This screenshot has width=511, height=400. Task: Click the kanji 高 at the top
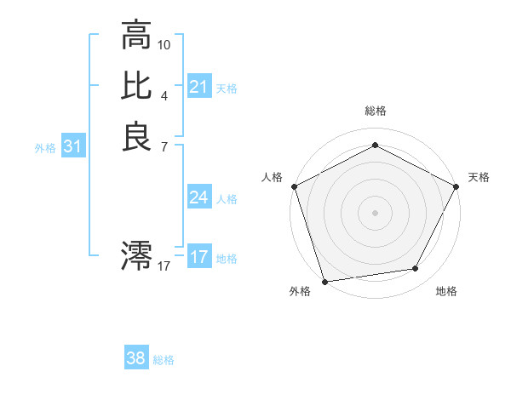click(x=137, y=37)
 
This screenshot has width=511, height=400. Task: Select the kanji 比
click(x=137, y=86)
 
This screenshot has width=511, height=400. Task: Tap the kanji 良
click(x=137, y=136)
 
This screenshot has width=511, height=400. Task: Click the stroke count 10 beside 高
click(x=164, y=44)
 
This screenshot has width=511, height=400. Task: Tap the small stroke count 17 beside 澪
click(x=164, y=266)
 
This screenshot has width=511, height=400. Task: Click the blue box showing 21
click(x=198, y=87)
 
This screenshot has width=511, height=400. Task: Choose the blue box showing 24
click(x=198, y=197)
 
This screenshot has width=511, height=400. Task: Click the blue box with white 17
click(x=198, y=257)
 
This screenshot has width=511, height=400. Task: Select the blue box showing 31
click(x=73, y=147)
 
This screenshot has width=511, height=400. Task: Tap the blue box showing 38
click(x=135, y=358)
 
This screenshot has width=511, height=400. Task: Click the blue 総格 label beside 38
click(x=164, y=360)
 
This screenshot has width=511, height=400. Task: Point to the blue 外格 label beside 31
click(x=45, y=148)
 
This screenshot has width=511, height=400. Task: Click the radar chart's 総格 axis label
click(x=375, y=111)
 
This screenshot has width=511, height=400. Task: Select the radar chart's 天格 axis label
click(x=479, y=177)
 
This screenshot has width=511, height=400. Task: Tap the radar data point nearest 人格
click(x=295, y=186)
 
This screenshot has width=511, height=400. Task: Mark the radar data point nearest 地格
click(x=416, y=269)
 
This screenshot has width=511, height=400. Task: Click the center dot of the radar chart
click(x=375, y=213)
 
